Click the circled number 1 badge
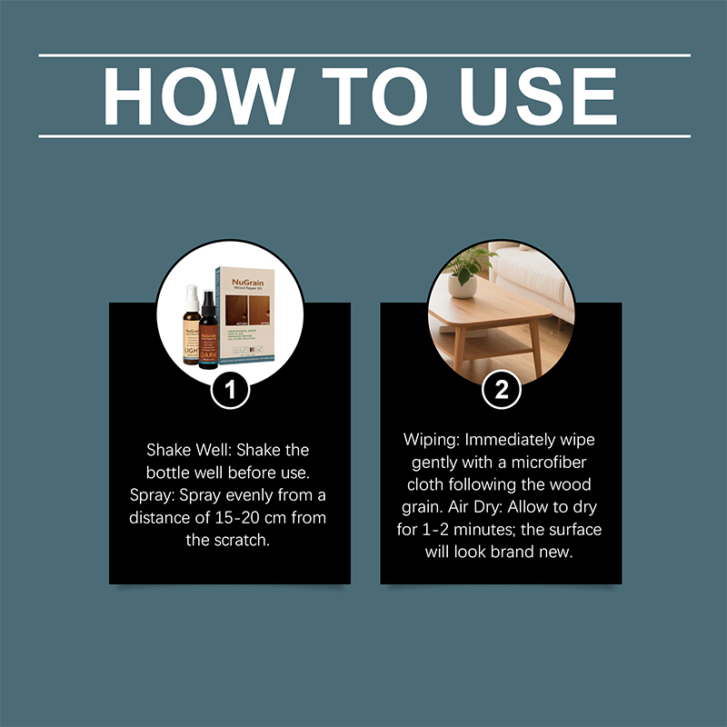tap(229, 391)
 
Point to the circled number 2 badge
tap(501, 391)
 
